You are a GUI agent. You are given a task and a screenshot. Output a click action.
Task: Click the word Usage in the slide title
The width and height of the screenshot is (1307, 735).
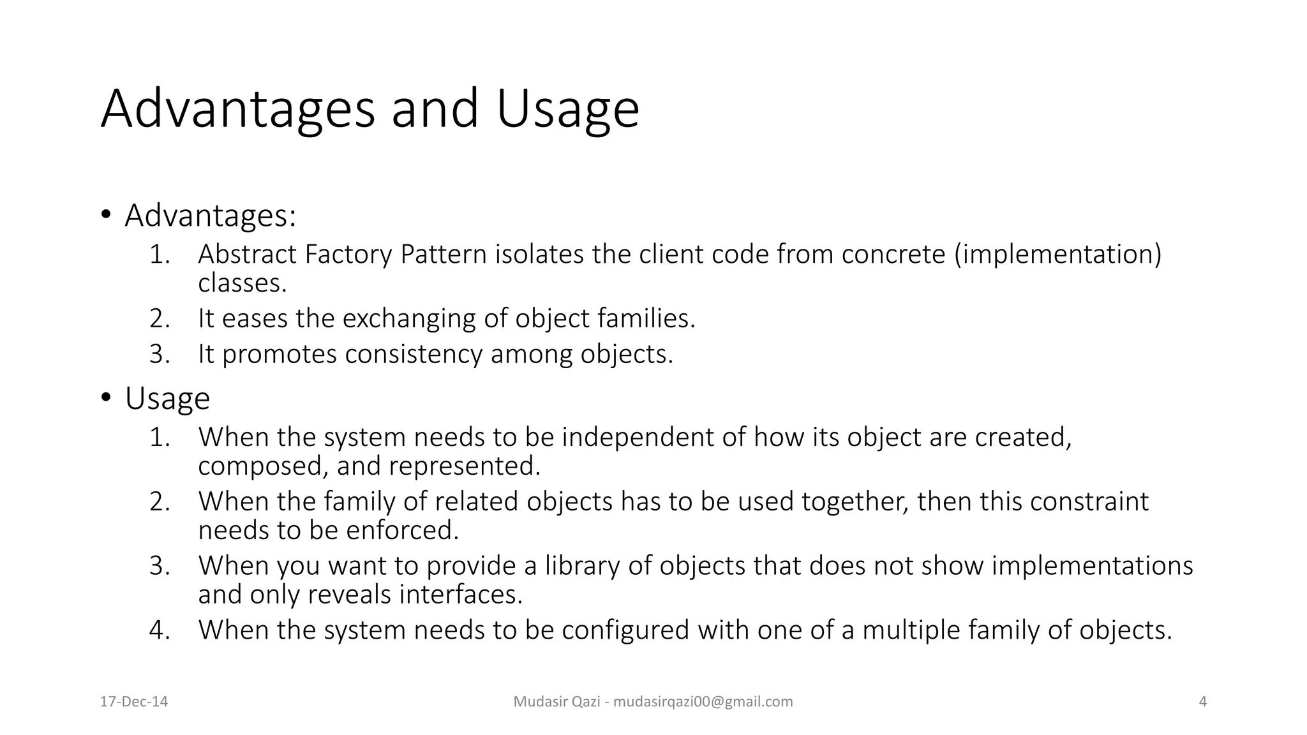(567, 109)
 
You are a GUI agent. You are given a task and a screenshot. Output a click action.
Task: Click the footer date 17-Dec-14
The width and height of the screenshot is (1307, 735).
(134, 702)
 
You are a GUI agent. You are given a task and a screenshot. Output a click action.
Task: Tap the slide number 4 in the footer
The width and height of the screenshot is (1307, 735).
(1203, 702)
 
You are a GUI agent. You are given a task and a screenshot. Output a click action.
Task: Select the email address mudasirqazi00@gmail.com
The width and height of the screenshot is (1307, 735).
(703, 702)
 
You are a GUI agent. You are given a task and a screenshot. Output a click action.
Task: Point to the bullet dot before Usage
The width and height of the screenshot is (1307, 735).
(106, 397)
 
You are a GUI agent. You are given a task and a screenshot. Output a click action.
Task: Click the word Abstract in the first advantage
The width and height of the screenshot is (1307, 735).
(247, 254)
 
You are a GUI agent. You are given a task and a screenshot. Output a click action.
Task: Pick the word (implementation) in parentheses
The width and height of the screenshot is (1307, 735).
(1057, 254)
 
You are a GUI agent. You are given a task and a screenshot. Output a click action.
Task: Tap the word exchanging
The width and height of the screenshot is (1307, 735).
(408, 318)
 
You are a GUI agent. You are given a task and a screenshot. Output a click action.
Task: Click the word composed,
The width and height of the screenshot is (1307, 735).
(263, 466)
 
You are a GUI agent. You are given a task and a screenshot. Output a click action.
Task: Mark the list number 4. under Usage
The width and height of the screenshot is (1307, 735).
(160, 630)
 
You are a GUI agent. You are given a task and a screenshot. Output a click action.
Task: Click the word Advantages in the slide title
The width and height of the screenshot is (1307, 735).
(237, 109)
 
